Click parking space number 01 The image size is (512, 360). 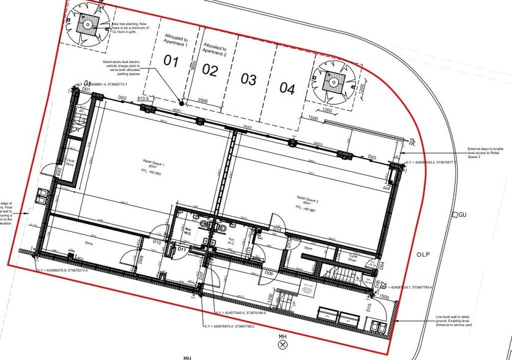pyautogui.click(x=171, y=61)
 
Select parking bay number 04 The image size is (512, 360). pyautogui.click(x=288, y=88)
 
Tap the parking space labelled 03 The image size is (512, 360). pyautogui.click(x=248, y=79)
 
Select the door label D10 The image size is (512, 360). pyautogui.click(x=157, y=242)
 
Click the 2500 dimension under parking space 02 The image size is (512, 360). pyautogui.click(x=202, y=101)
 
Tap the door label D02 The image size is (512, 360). pyautogui.click(x=122, y=98)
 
